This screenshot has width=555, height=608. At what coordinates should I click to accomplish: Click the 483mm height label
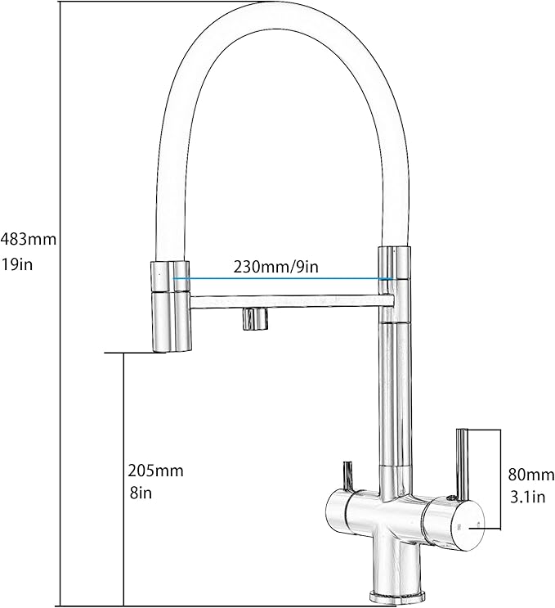point(29,239)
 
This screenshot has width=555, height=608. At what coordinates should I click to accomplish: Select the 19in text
point(16,265)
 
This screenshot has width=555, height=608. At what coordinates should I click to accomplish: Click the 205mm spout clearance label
point(155,471)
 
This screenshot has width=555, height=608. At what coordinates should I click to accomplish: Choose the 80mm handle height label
point(530,475)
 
